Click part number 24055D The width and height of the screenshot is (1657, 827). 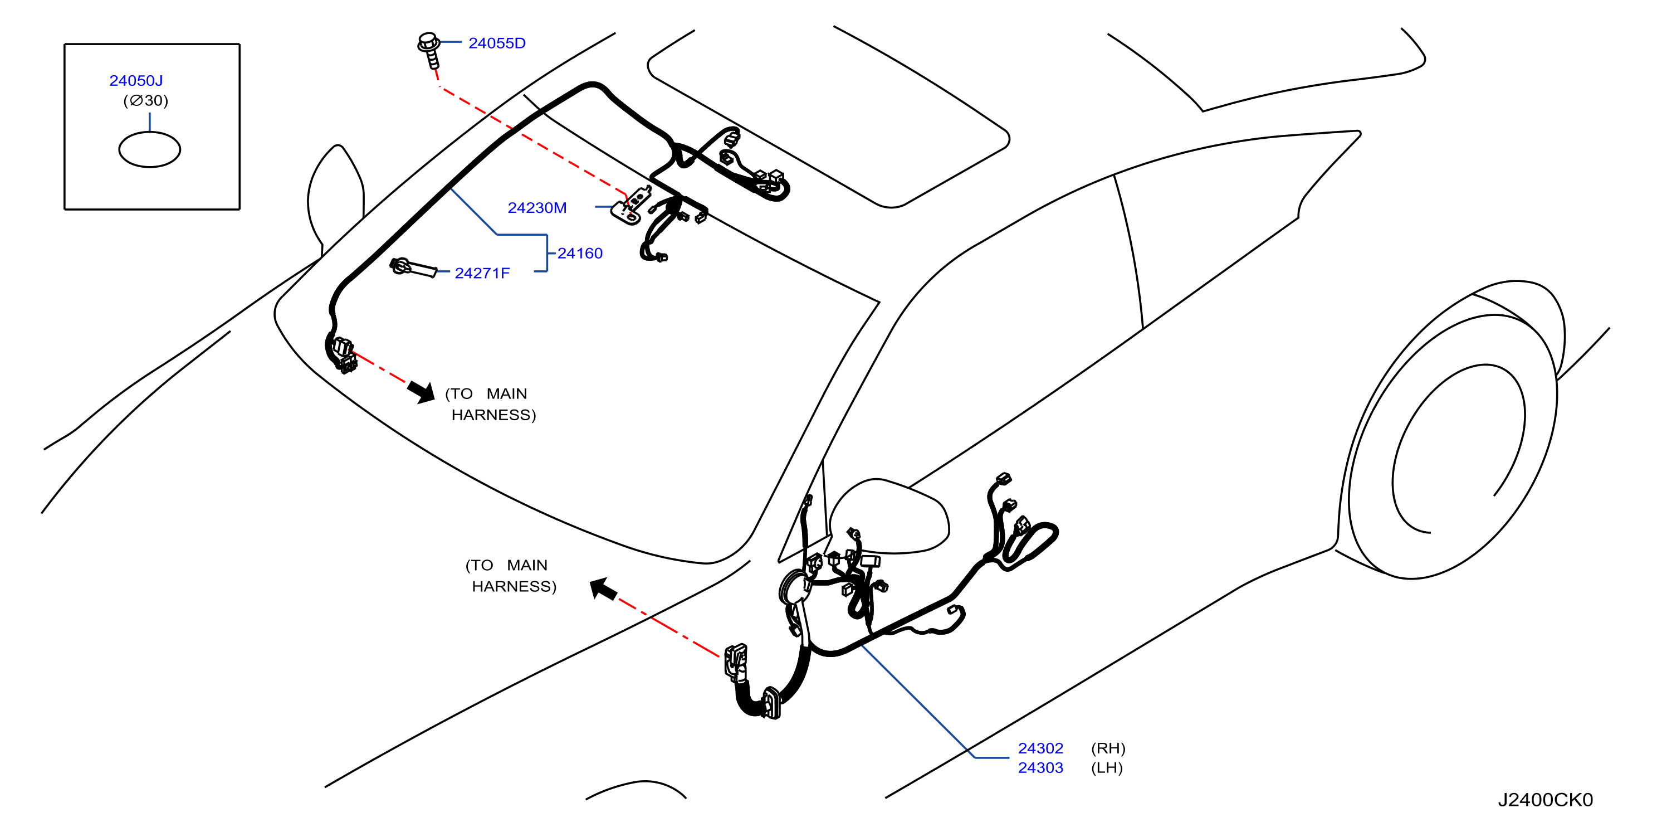tap(497, 43)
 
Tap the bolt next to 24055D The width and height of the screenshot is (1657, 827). tap(429, 50)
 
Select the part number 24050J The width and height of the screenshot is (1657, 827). tap(136, 80)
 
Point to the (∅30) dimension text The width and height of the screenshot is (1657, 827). tap(145, 100)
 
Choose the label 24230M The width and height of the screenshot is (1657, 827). tap(537, 208)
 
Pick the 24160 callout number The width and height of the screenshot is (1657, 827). tap(580, 254)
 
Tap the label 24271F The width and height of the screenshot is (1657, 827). tap(482, 274)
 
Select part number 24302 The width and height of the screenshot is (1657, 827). tap(1040, 748)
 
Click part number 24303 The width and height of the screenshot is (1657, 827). tap(1040, 768)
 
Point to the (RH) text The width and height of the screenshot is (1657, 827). tap(1108, 748)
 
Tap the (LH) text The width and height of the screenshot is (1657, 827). tap(1106, 768)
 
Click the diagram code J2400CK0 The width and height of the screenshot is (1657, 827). tap(1545, 800)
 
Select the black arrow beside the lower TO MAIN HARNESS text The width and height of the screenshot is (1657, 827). tap(603, 588)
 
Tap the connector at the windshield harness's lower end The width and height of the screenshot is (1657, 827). tap(343, 354)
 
